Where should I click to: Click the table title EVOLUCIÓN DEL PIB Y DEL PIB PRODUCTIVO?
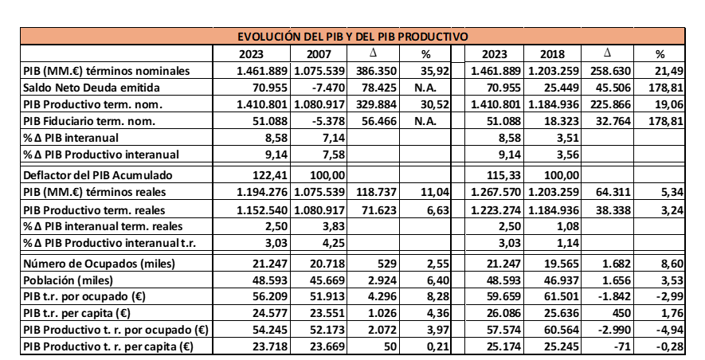[352, 37]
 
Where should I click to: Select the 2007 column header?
[319, 54]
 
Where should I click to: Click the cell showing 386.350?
[374, 71]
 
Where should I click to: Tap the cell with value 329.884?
[374, 104]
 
